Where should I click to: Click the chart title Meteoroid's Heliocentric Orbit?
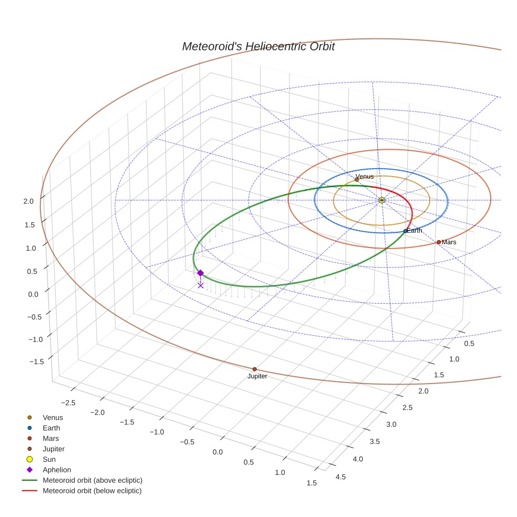tap(258, 46)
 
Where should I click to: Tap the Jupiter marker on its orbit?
tap(254, 369)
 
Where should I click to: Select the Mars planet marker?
tap(439, 242)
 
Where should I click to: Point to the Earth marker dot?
tap(405, 231)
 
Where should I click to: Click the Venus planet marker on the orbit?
tap(357, 180)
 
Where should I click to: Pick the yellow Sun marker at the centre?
tap(382, 200)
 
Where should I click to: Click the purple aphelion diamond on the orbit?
tap(200, 273)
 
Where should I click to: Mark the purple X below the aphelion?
tap(200, 285)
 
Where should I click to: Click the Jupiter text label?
tap(257, 376)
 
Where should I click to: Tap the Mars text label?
tap(449, 242)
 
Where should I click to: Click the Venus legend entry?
tap(53, 418)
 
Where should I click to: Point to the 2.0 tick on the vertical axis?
tap(28, 201)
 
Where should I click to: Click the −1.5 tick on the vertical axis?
tap(36, 361)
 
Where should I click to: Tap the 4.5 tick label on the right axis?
tap(340, 477)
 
